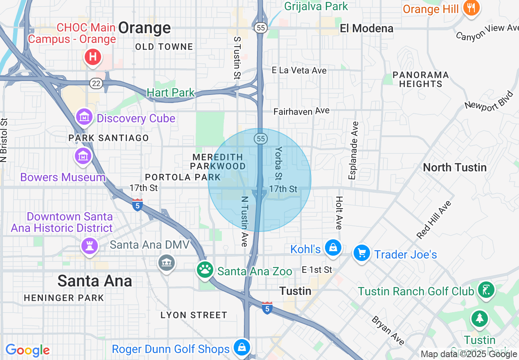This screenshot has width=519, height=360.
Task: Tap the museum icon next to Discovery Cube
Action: pos(84,117)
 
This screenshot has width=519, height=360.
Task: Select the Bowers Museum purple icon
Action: pos(83,156)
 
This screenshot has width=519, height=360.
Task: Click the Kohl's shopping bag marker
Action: pos(333,248)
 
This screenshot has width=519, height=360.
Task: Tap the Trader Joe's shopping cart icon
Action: pos(362,253)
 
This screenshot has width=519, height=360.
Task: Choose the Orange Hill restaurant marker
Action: pos(471,8)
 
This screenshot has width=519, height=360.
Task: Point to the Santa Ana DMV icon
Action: pos(167,262)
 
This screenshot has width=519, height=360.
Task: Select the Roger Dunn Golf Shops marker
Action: pos(242,348)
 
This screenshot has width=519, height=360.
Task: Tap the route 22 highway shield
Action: pos(96,83)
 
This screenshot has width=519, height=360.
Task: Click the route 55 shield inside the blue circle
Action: pos(261,139)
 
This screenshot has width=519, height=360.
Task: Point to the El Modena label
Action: pos(367,28)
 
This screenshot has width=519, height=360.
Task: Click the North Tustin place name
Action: pos(454,167)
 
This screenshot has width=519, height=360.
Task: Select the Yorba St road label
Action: pos(279,163)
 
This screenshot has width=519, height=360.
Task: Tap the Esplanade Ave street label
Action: pos(354,150)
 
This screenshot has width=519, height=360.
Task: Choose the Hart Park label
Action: pos(171,92)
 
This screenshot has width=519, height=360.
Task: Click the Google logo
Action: pos(27,350)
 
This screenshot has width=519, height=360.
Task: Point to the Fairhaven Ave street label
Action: pos(301,111)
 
